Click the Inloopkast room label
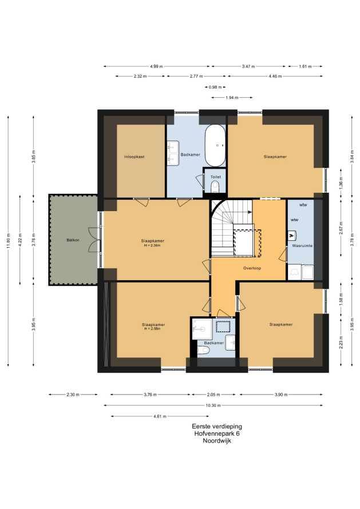(x=134, y=157)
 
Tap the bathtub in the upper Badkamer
(x=215, y=146)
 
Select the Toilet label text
(x=215, y=177)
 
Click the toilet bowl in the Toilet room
(x=215, y=186)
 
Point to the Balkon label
(x=73, y=240)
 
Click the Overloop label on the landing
(x=252, y=268)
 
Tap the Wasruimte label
(x=302, y=246)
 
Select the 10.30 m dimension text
(x=213, y=405)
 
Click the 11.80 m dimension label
(x=9, y=241)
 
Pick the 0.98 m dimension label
(x=215, y=87)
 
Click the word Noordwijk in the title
(x=217, y=441)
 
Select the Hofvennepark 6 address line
(x=217, y=434)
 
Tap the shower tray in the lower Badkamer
(x=202, y=329)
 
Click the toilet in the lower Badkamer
(x=203, y=350)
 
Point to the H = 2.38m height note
(x=152, y=246)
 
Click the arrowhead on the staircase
(x=250, y=212)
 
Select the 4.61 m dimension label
(x=160, y=416)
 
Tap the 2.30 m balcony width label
(x=73, y=395)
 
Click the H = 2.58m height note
(x=152, y=329)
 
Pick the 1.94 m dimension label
(x=232, y=97)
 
